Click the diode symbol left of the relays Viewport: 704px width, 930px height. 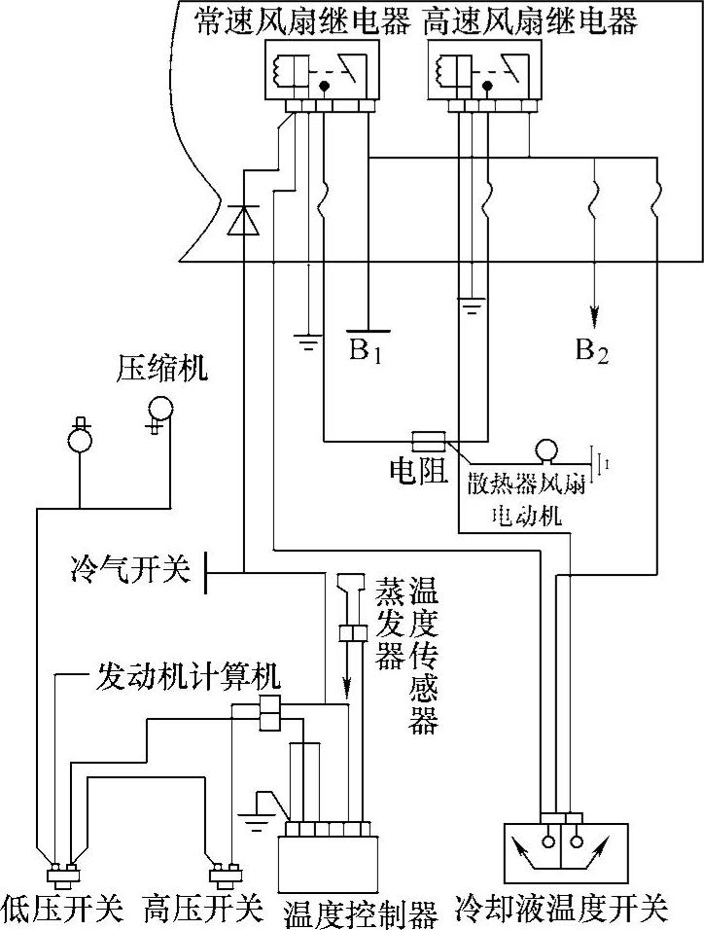tap(240, 221)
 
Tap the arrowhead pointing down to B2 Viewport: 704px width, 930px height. tap(593, 317)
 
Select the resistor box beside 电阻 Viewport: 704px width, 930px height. tap(429, 440)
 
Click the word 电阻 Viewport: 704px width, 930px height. tap(418, 470)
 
